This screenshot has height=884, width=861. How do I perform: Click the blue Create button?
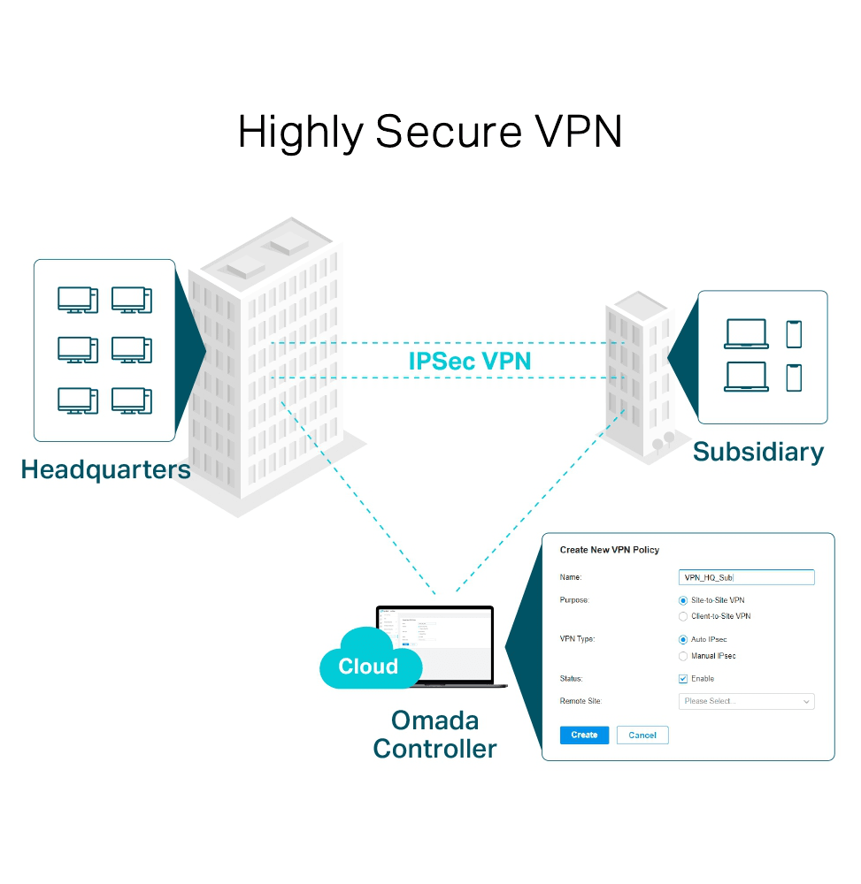point(584,735)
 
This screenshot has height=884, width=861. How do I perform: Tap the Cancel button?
point(642,735)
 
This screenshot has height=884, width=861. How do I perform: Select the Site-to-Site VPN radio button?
point(683,600)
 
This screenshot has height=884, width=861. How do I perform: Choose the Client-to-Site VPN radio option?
point(683,616)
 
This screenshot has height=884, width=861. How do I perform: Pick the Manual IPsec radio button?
point(683,656)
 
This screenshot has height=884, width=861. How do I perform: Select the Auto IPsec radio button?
point(683,639)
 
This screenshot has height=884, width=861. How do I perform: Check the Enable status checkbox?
point(683,679)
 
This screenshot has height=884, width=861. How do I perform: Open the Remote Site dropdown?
point(746,701)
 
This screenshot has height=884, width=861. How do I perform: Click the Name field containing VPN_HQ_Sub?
point(746,577)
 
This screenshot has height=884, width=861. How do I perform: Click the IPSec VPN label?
point(470,361)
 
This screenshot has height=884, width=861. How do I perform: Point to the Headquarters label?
point(105,469)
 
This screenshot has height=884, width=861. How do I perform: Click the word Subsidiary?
point(757,452)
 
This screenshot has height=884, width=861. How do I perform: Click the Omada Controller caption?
point(434,735)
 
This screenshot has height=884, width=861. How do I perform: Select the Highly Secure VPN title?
point(430,133)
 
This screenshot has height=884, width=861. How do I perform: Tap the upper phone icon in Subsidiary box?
point(794,334)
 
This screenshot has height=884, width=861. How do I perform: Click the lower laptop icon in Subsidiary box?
point(746,377)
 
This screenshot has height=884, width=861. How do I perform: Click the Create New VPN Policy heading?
point(610,550)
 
